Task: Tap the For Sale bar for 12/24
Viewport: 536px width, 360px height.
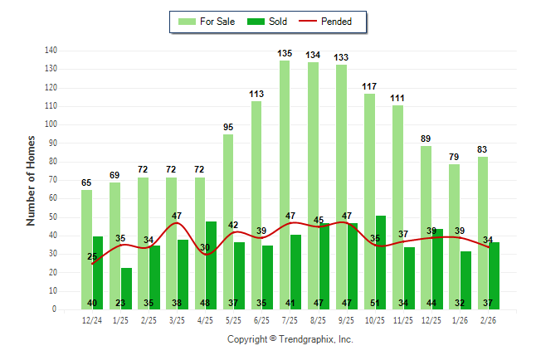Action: point(87,249)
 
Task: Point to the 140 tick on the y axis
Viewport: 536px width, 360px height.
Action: point(51,51)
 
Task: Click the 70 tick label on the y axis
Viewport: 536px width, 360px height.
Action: point(52,180)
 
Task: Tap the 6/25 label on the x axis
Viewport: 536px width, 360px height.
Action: point(262,320)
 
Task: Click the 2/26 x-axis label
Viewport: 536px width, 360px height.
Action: point(488,320)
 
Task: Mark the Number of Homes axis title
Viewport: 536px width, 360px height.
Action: point(32,180)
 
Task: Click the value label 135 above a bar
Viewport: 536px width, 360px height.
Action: point(285,53)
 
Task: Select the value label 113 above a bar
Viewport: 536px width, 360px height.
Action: point(256,94)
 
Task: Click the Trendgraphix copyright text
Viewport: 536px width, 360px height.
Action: point(290,339)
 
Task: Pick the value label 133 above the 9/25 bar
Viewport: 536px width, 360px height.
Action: point(341,57)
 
